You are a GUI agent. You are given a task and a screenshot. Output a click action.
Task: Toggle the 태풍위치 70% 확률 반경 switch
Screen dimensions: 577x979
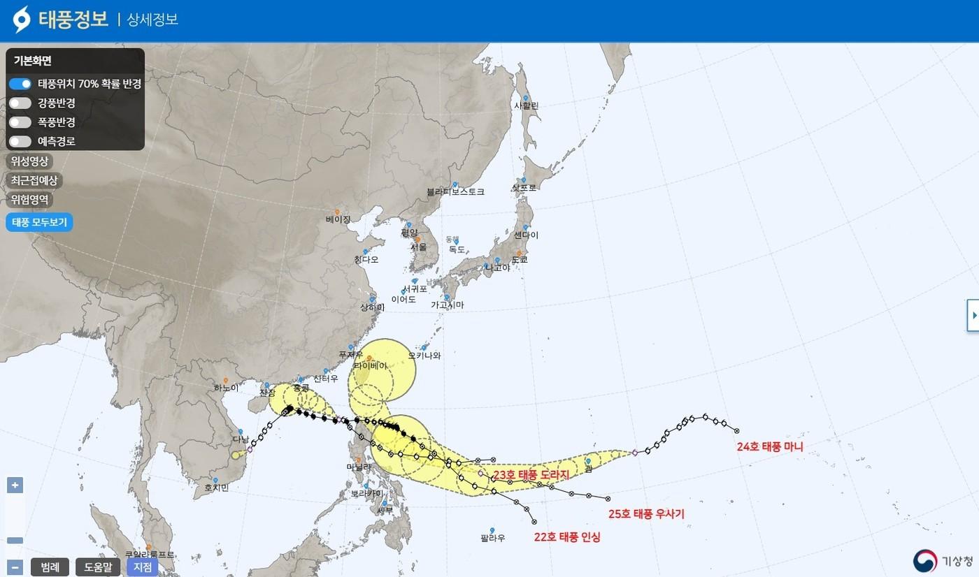[20, 84]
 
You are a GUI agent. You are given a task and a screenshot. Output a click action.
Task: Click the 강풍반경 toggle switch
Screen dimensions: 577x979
[20, 103]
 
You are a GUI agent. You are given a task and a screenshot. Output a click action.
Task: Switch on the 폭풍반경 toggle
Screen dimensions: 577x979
[20, 122]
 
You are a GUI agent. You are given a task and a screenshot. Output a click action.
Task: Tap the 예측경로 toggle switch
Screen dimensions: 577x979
[20, 141]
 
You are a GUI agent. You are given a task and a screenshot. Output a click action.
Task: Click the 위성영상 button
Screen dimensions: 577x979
[30, 161]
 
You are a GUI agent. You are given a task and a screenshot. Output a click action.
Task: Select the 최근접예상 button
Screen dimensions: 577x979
[34, 180]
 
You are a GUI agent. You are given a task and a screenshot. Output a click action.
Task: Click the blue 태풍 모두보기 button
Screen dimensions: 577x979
[39, 223]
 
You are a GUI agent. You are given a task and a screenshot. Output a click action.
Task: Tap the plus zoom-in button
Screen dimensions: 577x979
[15, 485]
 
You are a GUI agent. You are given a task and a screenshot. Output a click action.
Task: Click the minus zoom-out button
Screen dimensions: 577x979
[15, 567]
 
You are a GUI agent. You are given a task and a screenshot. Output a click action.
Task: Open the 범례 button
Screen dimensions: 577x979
[50, 567]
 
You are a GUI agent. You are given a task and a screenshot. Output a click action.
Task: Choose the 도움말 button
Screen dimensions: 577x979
[98, 567]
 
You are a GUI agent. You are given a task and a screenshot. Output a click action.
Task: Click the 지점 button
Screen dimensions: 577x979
[143, 567]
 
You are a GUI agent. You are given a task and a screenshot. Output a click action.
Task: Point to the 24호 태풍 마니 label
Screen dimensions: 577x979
[770, 447]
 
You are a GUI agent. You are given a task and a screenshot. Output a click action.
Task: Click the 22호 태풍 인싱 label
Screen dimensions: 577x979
[567, 537]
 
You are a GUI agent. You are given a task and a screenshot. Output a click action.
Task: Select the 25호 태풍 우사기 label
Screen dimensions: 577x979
[646, 514]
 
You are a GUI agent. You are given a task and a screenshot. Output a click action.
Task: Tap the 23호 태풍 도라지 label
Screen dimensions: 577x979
[531, 475]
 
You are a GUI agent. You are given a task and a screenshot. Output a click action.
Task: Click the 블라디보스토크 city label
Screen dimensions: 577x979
[455, 191]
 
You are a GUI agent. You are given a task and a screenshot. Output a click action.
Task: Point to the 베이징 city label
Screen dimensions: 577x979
[338, 219]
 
